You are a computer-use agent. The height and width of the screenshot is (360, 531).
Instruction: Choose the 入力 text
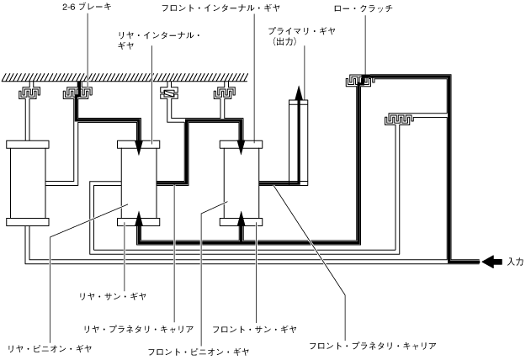click(516, 262)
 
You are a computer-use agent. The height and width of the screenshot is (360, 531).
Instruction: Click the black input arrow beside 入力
click(491, 262)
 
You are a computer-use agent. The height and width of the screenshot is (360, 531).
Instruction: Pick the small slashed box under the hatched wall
click(168, 95)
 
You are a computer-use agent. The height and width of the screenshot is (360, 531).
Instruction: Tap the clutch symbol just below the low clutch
click(402, 119)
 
